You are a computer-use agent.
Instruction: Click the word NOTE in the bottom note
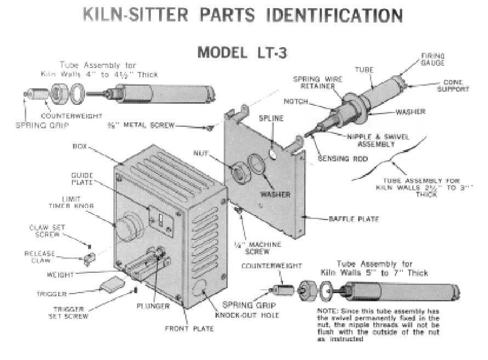pos(327,310)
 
